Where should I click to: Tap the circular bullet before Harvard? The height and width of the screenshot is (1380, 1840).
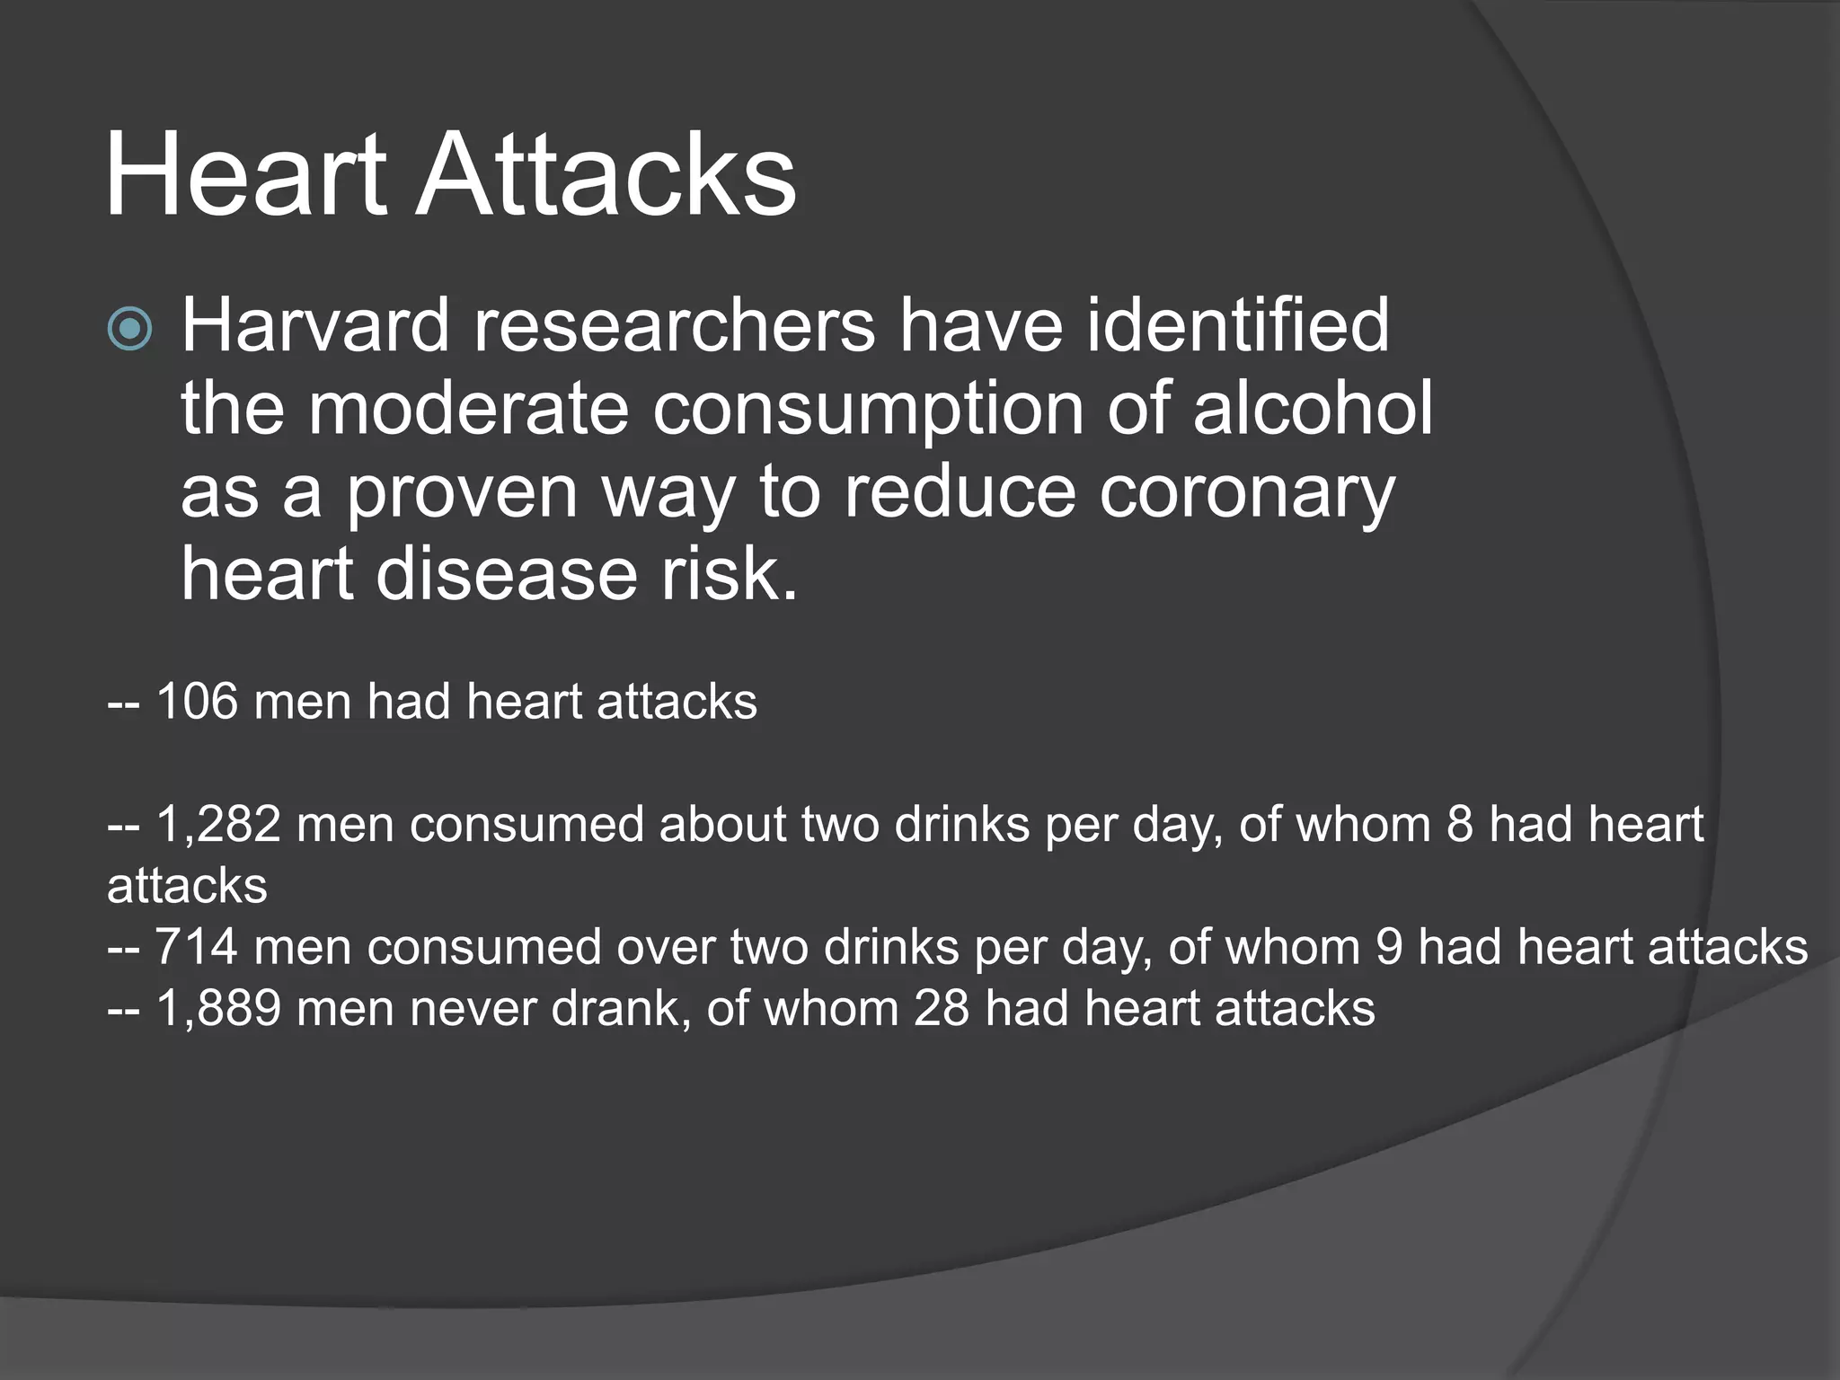(130, 328)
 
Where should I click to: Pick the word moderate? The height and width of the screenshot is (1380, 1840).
(468, 409)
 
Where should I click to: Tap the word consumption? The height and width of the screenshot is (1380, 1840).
(868, 409)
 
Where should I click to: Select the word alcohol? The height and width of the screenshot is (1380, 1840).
(1313, 409)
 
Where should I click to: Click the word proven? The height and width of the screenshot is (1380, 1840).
(462, 492)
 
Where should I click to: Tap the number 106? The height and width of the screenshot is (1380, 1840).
(197, 702)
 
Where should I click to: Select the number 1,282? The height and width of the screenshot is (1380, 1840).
(218, 824)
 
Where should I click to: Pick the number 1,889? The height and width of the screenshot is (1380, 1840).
(218, 1008)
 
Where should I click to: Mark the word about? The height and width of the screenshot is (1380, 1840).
(723, 824)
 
